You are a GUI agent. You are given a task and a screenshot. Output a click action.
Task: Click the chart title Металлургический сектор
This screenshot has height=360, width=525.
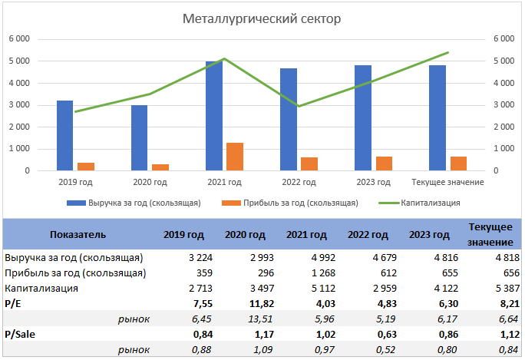click(x=262, y=18)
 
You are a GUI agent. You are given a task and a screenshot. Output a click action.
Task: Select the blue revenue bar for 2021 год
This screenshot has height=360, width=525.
click(x=214, y=115)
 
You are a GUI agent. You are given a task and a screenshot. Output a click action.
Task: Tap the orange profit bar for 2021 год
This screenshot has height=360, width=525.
click(x=235, y=157)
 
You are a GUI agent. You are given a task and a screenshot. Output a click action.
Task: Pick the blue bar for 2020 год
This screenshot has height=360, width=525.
click(x=139, y=137)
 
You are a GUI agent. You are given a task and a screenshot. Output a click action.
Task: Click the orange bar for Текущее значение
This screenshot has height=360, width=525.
click(x=458, y=163)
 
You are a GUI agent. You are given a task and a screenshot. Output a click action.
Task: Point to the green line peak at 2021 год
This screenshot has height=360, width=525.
click(x=223, y=58)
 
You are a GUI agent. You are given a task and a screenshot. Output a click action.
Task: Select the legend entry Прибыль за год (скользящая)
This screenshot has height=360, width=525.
click(x=300, y=203)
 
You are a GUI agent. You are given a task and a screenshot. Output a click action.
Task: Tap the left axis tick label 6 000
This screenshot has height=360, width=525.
click(x=19, y=39)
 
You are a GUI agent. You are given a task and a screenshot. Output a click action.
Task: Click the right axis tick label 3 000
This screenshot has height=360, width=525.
click(x=504, y=104)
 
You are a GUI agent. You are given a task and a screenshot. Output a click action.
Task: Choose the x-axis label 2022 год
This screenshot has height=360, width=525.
click(x=299, y=182)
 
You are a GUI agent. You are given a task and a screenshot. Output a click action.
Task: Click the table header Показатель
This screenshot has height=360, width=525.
click(x=78, y=235)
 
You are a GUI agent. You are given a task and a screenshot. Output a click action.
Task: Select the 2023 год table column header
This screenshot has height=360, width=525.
click(x=430, y=235)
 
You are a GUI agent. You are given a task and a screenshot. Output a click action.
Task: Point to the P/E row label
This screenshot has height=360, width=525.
click(x=14, y=303)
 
